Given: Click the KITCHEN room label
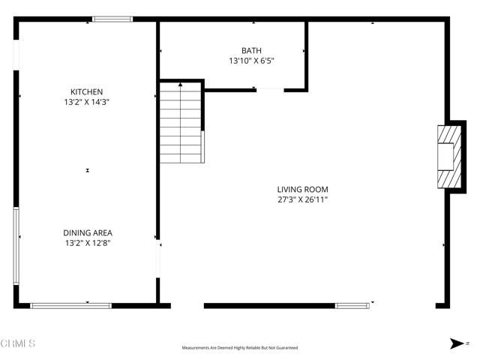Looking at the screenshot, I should click(87, 91).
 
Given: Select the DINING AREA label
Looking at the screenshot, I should click(87, 232).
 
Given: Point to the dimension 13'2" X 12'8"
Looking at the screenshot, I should click(87, 243).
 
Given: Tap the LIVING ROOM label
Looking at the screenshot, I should click(302, 190).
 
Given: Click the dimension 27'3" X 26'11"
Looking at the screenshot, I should click(302, 200).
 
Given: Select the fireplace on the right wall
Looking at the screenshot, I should click(447, 157).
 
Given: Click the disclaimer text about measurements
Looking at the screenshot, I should click(240, 348).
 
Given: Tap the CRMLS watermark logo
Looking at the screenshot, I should click(18, 343).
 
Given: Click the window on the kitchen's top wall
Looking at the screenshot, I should click(112, 19).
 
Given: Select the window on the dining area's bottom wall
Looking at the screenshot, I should click(70, 305).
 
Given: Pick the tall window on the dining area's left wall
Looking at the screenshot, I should click(16, 245).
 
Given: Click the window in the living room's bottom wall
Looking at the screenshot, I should click(352, 305).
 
